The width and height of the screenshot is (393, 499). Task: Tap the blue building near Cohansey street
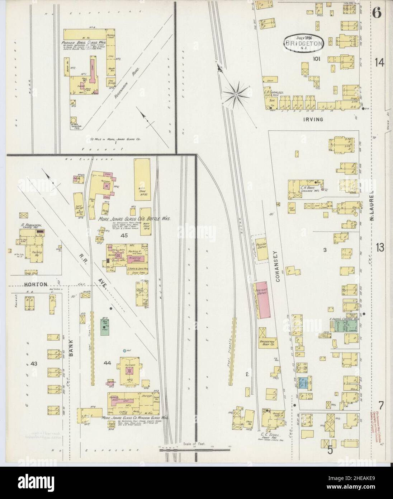point(304,383)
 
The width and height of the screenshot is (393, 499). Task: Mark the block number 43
point(34,364)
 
